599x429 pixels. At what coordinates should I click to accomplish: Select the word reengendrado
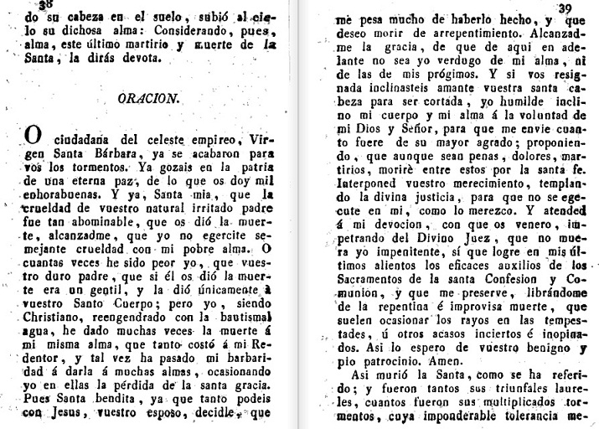(x=142, y=342)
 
